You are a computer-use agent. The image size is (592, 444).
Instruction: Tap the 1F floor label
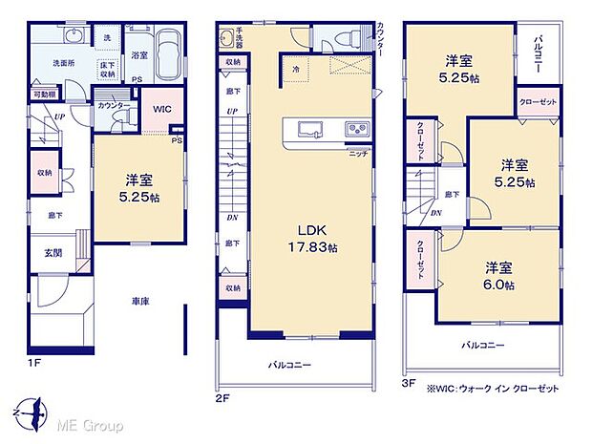pos(34,364)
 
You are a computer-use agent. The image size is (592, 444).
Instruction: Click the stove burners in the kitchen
pos(356,130)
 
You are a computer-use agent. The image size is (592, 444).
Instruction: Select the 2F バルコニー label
pos(290,364)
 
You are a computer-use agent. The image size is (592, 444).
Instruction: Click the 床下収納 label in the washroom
pos(107,67)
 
